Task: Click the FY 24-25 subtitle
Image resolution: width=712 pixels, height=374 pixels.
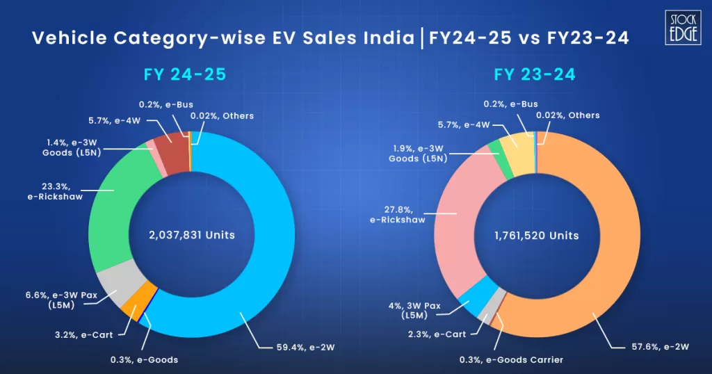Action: [x=185, y=74]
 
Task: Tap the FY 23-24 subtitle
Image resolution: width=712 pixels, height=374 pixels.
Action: [x=535, y=74]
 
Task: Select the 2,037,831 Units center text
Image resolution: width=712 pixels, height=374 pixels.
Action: [x=192, y=235]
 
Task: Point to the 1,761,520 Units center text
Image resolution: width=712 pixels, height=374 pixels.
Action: [x=536, y=236]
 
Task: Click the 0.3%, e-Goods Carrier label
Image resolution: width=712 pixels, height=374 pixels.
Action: [x=511, y=359]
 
